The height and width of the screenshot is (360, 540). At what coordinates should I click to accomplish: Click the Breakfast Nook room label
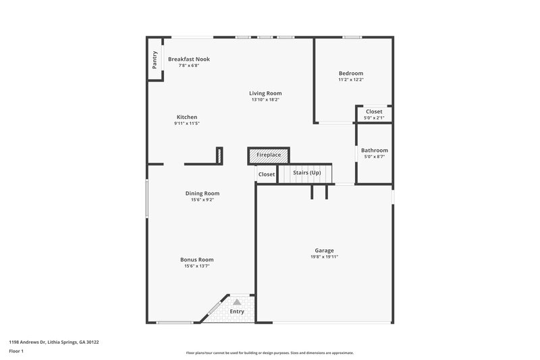coord(189,59)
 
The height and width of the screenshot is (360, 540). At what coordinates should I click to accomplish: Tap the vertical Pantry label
coord(155,59)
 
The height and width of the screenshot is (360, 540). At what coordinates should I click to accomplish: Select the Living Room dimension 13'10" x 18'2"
coord(265,100)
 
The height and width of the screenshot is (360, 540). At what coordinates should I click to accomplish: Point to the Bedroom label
coord(351,73)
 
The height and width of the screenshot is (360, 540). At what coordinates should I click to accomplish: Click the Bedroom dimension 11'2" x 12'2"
coord(351,80)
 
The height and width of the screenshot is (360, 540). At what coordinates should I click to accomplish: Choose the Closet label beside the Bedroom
coord(374,111)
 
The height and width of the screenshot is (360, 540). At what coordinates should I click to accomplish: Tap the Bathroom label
coord(375,150)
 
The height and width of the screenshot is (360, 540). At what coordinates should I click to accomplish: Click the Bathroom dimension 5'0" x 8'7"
coord(375,157)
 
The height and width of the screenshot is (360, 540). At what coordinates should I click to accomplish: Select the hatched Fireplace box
coord(269,155)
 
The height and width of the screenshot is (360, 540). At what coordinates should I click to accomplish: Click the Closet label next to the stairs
coord(267,174)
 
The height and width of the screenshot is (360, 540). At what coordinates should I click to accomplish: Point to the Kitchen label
coord(187,117)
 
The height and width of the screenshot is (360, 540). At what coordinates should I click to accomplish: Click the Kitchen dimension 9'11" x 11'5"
coord(187,124)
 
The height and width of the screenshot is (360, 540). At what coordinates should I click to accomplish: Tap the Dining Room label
coord(202,193)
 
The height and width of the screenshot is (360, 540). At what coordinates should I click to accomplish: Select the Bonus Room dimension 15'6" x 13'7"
coord(197,266)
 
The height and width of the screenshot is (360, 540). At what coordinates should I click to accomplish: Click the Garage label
coord(324,250)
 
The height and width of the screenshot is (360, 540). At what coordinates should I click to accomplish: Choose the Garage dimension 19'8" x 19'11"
coord(324,257)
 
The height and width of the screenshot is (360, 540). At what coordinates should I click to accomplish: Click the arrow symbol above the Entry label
coord(236,302)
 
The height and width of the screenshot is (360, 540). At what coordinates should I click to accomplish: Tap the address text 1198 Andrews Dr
coord(31,342)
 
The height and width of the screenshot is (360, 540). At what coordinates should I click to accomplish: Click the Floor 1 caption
coord(16,351)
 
